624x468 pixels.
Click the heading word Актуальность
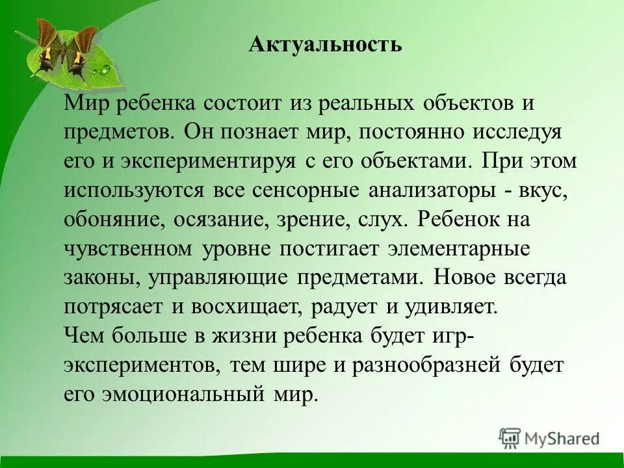pyautogui.click(x=325, y=45)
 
